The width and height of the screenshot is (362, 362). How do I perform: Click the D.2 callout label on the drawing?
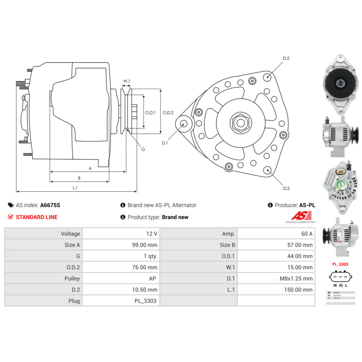[x=286, y=58]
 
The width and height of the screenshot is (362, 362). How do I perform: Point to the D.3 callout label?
[x=286, y=188]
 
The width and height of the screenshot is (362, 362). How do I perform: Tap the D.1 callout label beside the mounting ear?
[x=165, y=143]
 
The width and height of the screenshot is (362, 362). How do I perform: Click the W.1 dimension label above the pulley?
[x=126, y=81]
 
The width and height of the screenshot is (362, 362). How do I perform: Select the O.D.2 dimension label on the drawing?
[x=168, y=113]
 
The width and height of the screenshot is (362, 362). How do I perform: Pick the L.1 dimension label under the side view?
[x=75, y=188]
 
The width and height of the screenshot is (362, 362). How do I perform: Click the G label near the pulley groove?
[x=143, y=149]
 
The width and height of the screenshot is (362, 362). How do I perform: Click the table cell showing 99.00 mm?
[x=144, y=245]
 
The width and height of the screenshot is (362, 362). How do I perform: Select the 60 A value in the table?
[x=307, y=234]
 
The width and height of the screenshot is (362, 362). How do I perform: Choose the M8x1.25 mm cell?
[x=298, y=279]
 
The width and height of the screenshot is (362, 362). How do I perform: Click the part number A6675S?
[x=50, y=205]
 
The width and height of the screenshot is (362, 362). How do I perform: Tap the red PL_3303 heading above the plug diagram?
[x=340, y=264]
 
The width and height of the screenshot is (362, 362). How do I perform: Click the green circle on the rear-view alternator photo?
[x=341, y=186]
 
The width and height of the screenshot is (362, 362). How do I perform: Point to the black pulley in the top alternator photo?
[x=336, y=84]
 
